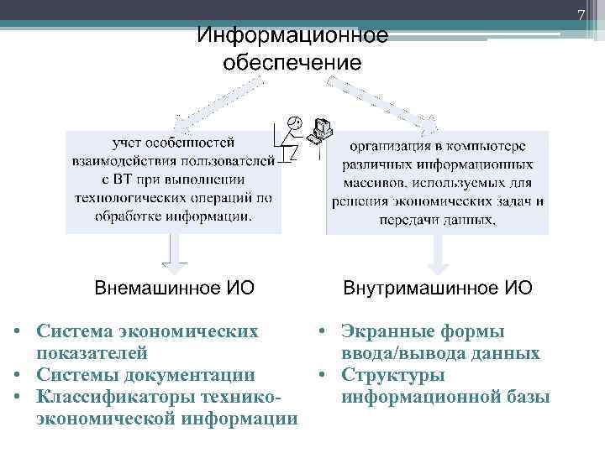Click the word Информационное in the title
pyautogui.click(x=292, y=36)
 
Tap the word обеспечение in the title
pyautogui.click(x=292, y=63)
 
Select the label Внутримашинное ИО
pyautogui.click(x=437, y=289)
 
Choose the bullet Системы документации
pyautogui.click(x=145, y=374)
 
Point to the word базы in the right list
pyautogui.click(x=525, y=396)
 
